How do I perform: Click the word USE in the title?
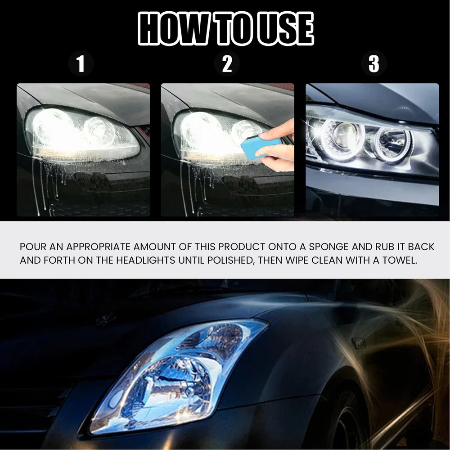(x=285, y=29)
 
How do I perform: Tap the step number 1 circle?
(x=81, y=63)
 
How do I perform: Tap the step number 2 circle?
(x=227, y=63)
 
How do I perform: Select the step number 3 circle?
(x=373, y=63)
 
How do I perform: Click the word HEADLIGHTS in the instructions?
(x=145, y=261)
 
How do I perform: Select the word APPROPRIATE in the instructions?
(x=98, y=247)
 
